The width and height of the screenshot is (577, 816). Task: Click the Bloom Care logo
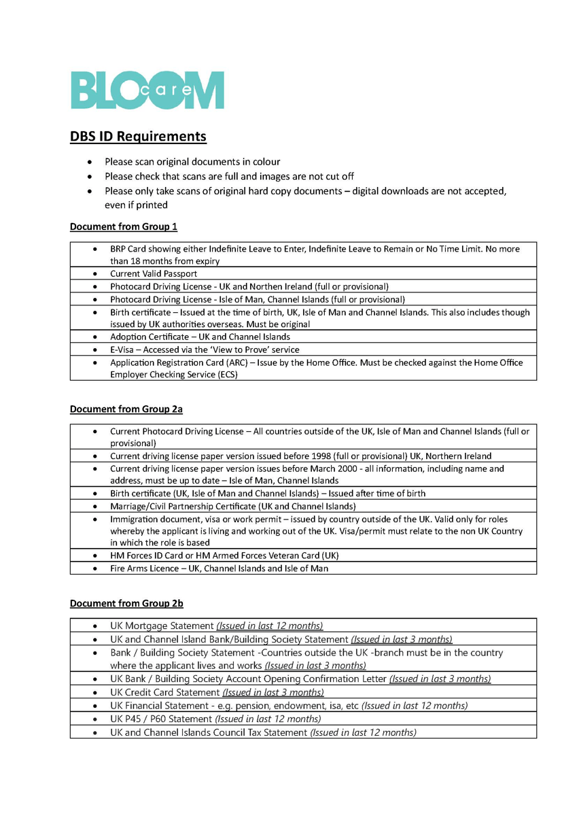pyautogui.click(x=147, y=90)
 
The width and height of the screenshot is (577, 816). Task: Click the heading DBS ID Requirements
pyautogui.click(x=138, y=136)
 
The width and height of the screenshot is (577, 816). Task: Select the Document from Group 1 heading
pyautogui.click(x=123, y=226)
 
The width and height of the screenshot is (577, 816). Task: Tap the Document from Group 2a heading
pyautogui.click(x=126, y=409)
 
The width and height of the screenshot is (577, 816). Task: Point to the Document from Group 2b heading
pyautogui.click(x=126, y=602)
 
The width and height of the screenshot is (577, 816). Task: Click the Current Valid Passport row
pyautogui.click(x=154, y=273)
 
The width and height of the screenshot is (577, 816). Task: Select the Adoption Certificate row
pyautogui.click(x=200, y=337)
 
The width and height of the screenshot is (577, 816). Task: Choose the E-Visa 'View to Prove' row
pyautogui.click(x=204, y=350)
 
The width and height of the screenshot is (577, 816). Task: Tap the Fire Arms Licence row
pyautogui.click(x=219, y=568)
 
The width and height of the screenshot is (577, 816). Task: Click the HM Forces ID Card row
pyautogui.click(x=224, y=555)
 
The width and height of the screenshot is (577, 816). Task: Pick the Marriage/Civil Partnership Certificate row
pyautogui.click(x=232, y=506)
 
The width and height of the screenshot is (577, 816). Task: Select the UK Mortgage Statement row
pyautogui.click(x=216, y=625)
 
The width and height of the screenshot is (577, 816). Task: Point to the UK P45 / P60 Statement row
pyautogui.click(x=215, y=719)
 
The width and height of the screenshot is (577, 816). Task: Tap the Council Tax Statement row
pyautogui.click(x=263, y=732)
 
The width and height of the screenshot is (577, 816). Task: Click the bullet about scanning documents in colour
pyautogui.click(x=192, y=162)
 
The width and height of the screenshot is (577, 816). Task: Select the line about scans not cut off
pyautogui.click(x=228, y=176)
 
